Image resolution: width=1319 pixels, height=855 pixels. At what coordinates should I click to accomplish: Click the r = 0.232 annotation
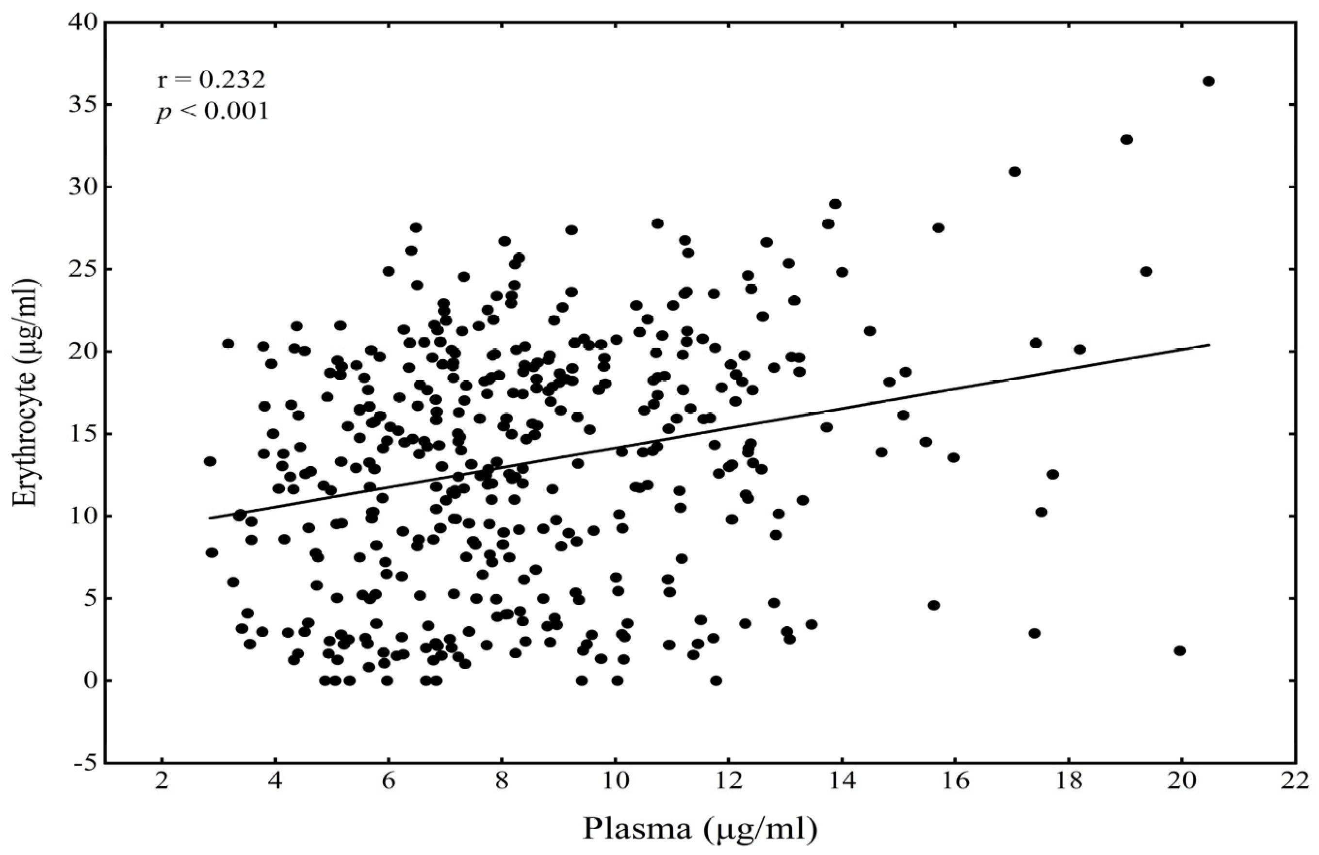point(211,81)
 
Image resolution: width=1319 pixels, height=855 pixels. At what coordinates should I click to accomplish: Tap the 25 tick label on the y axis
point(83,269)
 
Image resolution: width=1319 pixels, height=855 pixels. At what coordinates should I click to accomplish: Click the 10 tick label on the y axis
point(83,516)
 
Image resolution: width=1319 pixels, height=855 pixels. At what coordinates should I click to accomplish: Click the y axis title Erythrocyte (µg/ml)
point(26,393)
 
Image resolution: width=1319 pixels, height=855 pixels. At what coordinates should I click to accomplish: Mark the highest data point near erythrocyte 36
point(1209,81)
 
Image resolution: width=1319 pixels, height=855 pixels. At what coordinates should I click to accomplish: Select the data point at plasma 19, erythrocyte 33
point(1126,140)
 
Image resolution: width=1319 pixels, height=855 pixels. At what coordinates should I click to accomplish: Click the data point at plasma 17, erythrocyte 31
point(1015,172)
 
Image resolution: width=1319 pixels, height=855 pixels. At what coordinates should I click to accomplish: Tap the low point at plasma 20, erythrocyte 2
point(1180,650)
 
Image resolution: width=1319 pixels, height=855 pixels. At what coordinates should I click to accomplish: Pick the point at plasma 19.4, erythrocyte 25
point(1146,272)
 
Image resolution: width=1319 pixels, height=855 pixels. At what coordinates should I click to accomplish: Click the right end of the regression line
point(1209,345)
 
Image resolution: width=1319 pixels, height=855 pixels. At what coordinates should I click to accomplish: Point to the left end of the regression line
point(211,518)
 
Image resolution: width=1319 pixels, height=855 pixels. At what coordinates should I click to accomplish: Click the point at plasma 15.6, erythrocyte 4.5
point(934,605)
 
